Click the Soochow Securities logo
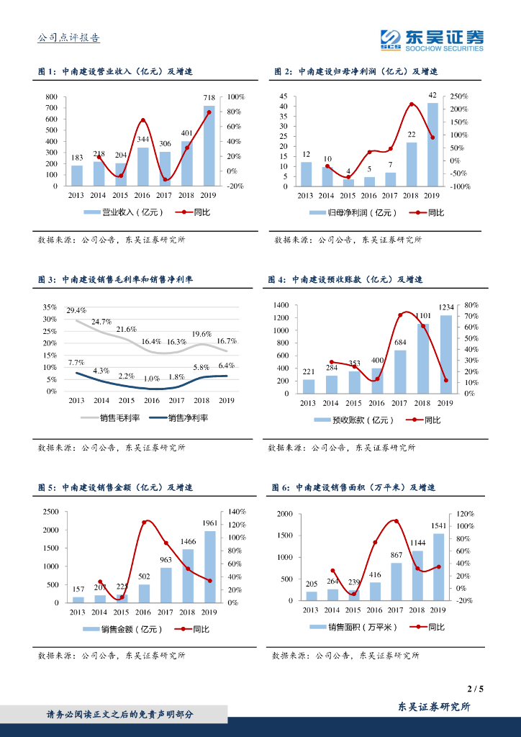(x=432, y=40)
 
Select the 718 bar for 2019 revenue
(x=209, y=146)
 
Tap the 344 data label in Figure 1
(x=143, y=139)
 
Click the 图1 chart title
(x=116, y=71)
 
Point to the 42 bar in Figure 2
(x=432, y=144)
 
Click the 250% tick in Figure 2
(x=459, y=96)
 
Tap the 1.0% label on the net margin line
(x=150, y=378)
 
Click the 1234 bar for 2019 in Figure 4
(x=446, y=354)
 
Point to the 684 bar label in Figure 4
(x=400, y=342)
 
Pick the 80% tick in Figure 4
(x=471, y=305)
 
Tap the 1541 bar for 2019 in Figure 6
(x=438, y=566)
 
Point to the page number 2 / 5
(x=475, y=689)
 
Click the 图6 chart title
(x=353, y=487)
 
